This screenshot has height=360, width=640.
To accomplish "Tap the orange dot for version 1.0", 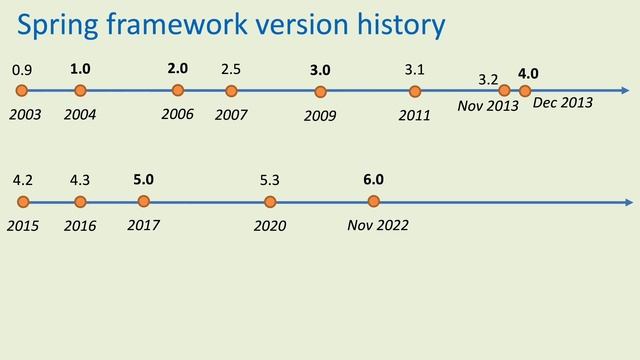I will [80, 91].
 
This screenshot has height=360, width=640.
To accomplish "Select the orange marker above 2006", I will [178, 91].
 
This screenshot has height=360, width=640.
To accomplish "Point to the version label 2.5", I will [230, 69].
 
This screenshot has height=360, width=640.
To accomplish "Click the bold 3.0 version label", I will [320, 70].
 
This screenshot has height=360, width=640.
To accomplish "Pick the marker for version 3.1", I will [415, 91].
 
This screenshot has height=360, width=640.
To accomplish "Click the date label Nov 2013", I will [488, 106].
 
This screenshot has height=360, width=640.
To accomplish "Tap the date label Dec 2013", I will [563, 102].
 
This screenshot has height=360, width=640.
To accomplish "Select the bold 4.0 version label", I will [528, 73].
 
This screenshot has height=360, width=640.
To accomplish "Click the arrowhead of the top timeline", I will [625, 91].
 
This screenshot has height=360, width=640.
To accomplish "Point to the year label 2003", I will [25, 115].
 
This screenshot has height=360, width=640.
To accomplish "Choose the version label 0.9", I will [21, 71].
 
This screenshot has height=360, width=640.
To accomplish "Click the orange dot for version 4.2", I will [22, 202].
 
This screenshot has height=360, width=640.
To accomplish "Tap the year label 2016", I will [80, 226].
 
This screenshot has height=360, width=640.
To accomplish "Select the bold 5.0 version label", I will [143, 179].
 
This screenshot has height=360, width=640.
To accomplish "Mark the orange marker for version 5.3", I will [270, 202].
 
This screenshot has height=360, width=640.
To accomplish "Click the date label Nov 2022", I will [377, 225].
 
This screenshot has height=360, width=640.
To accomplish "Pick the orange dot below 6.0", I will [373, 202].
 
